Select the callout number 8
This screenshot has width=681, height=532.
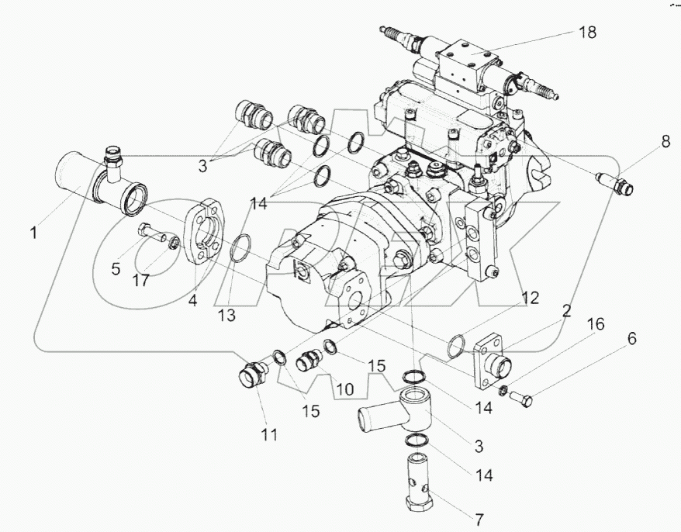point(664,143)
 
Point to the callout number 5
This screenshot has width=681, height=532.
point(116,269)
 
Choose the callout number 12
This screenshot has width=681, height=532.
point(530,295)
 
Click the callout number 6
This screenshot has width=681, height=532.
point(631,339)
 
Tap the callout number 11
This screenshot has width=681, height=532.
point(268,435)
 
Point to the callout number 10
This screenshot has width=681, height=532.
point(344,385)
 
